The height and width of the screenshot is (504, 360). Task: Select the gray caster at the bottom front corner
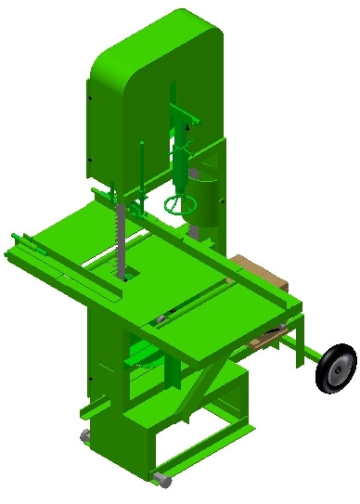pos(161,480)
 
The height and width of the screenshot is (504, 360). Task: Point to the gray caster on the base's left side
pos(84,435)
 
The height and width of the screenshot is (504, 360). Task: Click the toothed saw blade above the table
pos(117,237)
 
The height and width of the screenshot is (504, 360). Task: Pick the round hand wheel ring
pos(178,202)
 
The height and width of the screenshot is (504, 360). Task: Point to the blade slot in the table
pos(124,273)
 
